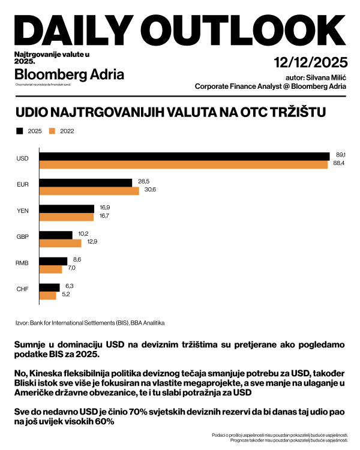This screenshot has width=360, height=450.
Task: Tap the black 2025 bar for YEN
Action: point(67,208)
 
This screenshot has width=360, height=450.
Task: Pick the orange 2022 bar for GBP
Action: point(60,243)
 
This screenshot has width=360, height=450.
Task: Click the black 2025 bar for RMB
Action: point(53,261)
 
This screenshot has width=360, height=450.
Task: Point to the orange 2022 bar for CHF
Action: point(47,295)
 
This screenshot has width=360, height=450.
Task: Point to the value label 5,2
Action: point(66,295)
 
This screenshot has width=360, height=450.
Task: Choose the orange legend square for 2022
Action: point(52,131)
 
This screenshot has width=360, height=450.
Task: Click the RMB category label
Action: point(22,263)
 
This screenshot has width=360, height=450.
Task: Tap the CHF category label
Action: point(22,290)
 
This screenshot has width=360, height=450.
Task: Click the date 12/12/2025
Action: point(310,62)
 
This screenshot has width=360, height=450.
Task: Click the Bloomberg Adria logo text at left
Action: point(69,75)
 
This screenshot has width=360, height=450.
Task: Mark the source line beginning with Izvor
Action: point(90,322)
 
